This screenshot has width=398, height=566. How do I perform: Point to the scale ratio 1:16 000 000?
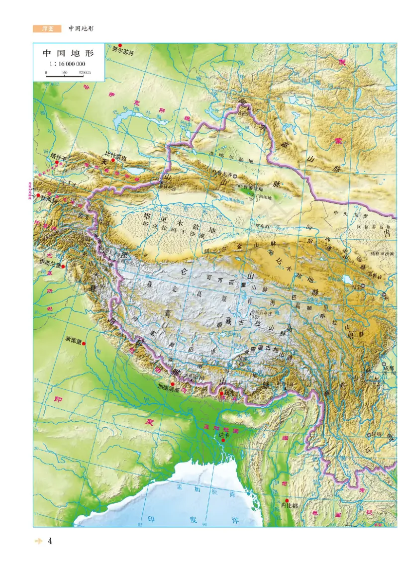(x=67, y=64)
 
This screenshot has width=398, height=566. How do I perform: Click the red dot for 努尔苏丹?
(x=120, y=45)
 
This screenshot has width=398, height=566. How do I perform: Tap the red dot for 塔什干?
(x=57, y=162)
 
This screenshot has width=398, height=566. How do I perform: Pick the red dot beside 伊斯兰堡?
(x=63, y=266)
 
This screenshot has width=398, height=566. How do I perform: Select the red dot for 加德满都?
(x=172, y=384)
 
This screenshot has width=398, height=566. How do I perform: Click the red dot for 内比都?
(x=287, y=500)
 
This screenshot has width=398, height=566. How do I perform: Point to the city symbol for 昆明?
(x=369, y=435)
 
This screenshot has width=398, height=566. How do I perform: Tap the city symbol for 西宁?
(x=363, y=285)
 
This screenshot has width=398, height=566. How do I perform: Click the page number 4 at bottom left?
(x=50, y=541)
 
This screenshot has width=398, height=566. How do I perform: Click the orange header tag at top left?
(x=47, y=29)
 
